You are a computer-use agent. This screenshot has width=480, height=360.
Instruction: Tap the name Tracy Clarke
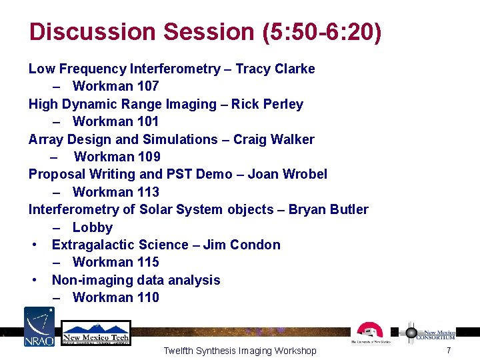tap(275, 69)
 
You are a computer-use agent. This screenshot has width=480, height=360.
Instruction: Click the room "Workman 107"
tap(115, 86)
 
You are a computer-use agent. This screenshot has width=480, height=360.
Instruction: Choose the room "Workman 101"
tap(115, 121)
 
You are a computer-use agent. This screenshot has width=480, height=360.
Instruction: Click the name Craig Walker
tap(273, 139)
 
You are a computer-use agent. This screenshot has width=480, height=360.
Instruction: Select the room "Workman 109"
tap(117, 157)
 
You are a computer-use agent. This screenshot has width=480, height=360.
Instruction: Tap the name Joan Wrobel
tap(287, 174)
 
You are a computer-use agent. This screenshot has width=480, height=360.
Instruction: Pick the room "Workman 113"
tap(115, 192)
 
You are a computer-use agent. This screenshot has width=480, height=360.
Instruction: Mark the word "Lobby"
tap(93, 227)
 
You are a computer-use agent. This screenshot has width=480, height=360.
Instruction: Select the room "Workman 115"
tap(115, 262)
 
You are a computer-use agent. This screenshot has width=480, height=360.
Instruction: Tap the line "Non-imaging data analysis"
tap(136, 280)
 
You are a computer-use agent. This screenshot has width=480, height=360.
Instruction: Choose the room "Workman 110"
tap(115, 297)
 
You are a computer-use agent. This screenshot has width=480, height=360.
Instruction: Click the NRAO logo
tap(39, 327)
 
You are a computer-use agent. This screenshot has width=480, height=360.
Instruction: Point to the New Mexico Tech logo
tap(96, 333)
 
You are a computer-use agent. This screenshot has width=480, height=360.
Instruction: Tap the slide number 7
tap(449, 350)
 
